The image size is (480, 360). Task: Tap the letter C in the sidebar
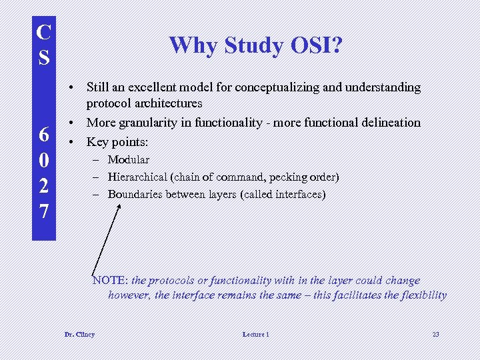click(43, 32)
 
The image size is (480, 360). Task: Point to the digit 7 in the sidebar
click(43, 211)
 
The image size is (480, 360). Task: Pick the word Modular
click(129, 160)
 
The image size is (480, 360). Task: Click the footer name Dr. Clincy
click(79, 334)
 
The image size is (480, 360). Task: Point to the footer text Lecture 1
click(256, 334)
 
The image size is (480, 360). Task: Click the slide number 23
click(435, 334)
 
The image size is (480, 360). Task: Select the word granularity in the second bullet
click(153, 122)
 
